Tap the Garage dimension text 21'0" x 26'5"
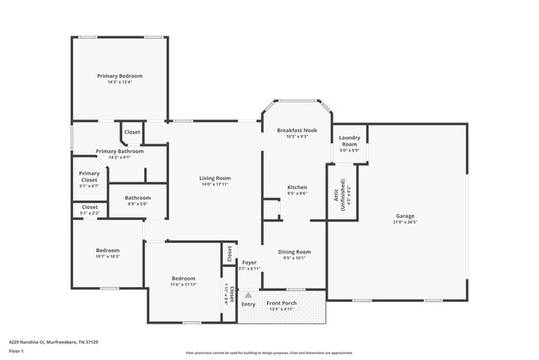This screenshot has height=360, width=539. coord(405,223)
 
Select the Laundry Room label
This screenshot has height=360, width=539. coord(349,141)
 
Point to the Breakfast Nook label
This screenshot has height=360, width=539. coord(297,130)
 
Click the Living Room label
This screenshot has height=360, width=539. coord(214,178)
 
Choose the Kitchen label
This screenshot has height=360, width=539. coord(297,187)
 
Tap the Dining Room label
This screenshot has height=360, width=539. coord(294,251)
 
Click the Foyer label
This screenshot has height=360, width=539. coord(249,263)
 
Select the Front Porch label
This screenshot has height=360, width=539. coord(281,303)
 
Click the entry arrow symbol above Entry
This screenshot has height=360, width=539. coord(247,294)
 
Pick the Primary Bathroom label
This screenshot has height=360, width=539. coord(119,151)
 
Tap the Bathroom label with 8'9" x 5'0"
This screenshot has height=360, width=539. coord(138,197)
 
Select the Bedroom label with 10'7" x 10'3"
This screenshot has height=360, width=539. coord(107,251)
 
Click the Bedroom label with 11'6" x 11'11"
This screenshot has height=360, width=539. coord(183,278)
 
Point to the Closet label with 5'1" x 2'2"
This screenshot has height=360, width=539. coord(90,207)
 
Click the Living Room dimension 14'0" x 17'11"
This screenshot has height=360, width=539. coord(214,184)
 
